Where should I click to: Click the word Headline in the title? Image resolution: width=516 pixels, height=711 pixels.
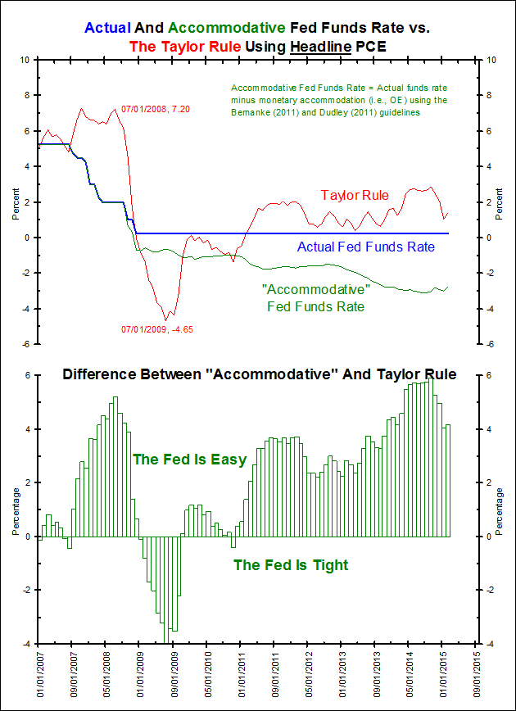tap(322, 47)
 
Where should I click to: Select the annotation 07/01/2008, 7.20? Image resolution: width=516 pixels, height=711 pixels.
tap(156, 109)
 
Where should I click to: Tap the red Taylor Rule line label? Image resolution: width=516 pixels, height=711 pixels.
tap(355, 195)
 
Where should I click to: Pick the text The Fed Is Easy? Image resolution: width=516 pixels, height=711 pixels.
tap(189, 460)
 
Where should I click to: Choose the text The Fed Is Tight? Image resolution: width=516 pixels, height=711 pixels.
tap(291, 564)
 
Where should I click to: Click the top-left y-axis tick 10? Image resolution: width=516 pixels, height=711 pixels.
tap(25, 60)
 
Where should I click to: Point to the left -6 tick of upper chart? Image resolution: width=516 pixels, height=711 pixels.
tap(25, 344)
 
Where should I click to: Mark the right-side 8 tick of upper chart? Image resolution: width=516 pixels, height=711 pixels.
tap(491, 95)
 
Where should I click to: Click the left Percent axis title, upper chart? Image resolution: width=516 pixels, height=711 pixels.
tap(15, 202)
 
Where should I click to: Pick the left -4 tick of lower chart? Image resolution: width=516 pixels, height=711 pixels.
tap(25, 644)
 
